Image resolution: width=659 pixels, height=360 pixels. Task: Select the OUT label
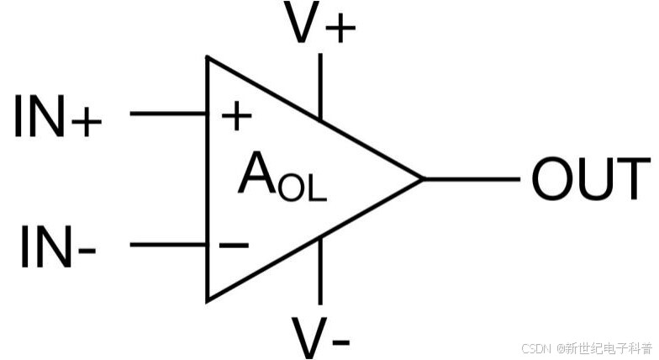591,179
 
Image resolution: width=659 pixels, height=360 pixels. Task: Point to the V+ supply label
320,26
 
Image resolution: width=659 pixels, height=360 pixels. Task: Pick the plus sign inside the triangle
236,117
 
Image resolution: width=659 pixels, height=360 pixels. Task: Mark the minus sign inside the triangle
234,246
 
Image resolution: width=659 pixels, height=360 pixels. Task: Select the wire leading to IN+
168,113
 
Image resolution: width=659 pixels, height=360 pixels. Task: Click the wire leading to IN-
168,245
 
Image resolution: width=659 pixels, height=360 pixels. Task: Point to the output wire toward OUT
471,178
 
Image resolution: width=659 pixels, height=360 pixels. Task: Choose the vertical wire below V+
320,84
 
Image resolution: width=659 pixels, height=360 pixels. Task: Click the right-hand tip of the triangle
422,178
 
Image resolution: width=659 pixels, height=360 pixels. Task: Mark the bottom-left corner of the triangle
208,299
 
